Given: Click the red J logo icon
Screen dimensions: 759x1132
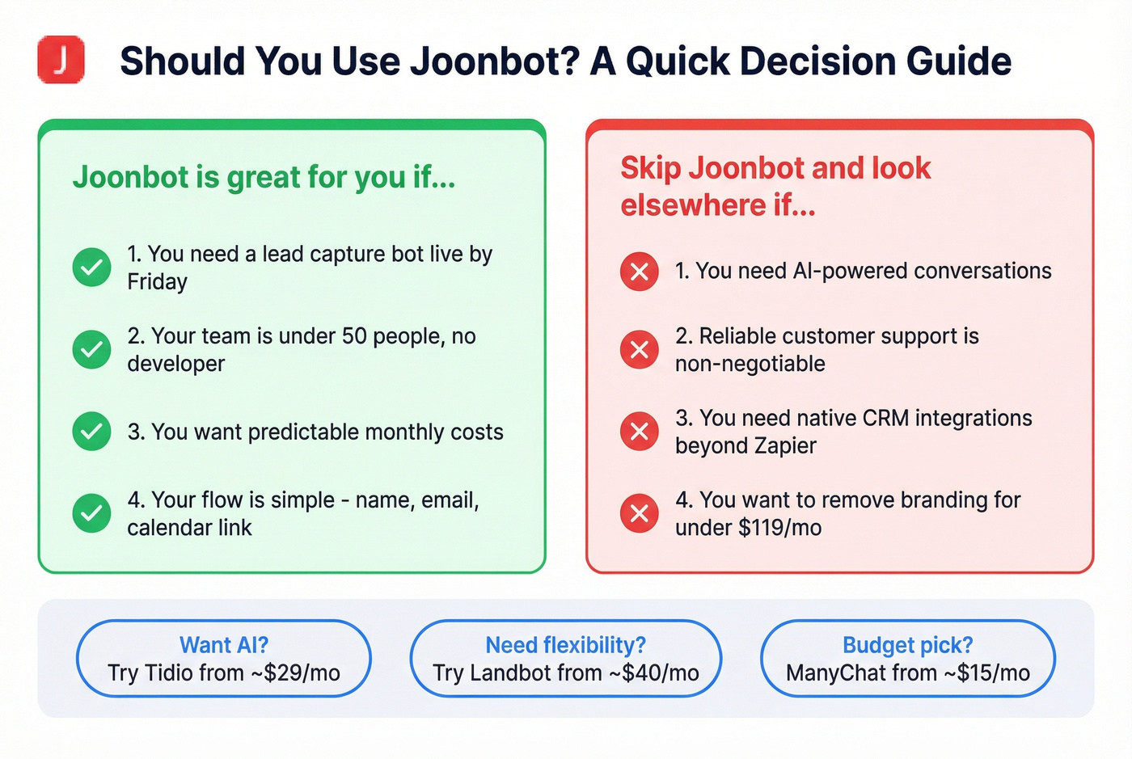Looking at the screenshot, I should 61,60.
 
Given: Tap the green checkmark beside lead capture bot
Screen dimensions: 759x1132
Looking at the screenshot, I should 91,268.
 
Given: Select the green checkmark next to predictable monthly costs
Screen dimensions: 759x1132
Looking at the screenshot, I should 91,432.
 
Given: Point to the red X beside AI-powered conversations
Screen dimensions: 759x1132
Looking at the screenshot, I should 639,272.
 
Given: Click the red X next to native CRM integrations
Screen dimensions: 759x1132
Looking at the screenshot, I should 639,432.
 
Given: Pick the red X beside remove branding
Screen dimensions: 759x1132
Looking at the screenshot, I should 639,513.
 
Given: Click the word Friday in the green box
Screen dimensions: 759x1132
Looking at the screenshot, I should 157,282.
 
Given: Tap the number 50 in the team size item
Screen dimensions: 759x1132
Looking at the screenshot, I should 354,336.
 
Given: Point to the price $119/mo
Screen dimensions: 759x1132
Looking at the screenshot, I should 779,528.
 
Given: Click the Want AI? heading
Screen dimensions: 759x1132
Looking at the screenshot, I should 223,645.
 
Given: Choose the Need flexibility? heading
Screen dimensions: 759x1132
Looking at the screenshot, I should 565,645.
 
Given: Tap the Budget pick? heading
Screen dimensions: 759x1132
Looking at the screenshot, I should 907,645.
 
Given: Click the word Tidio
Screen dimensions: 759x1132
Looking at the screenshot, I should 171,673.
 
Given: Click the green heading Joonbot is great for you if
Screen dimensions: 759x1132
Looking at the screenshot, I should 264,177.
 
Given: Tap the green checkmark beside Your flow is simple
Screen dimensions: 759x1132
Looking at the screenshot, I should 91,513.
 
